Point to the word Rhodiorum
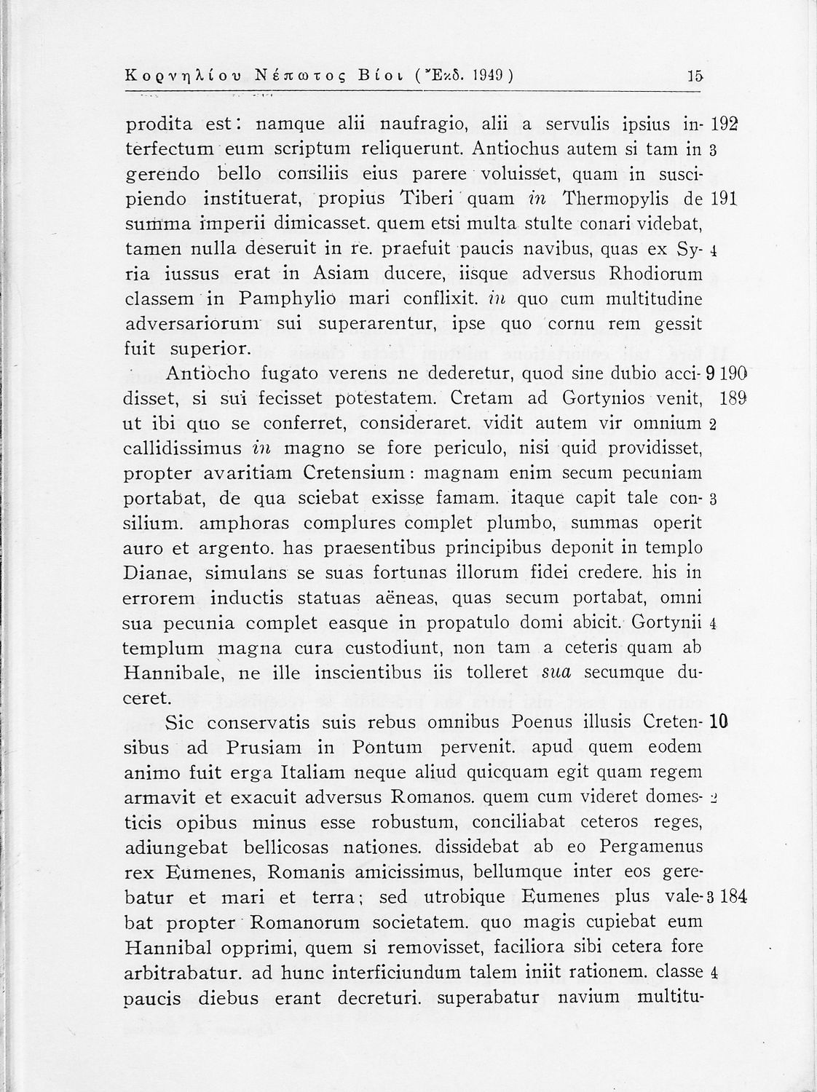click(x=651, y=274)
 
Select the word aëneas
click(x=401, y=598)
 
